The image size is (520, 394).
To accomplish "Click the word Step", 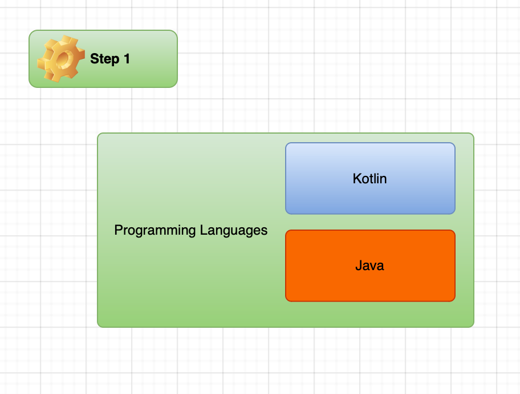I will tap(104, 59).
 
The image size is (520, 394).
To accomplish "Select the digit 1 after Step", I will tap(127, 59).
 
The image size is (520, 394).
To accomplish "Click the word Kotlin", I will tap(369, 179).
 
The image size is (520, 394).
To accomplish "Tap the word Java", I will tap(369, 266).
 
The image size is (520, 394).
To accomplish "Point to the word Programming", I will tap(155, 231).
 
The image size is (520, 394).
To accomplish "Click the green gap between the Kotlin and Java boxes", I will tap(369, 222).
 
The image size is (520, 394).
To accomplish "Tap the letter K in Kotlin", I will tap(356, 179).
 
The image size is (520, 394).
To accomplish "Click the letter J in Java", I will tap(358, 266).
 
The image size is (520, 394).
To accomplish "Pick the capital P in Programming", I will tap(118, 231).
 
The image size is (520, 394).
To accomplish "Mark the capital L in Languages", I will tap(202, 231).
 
